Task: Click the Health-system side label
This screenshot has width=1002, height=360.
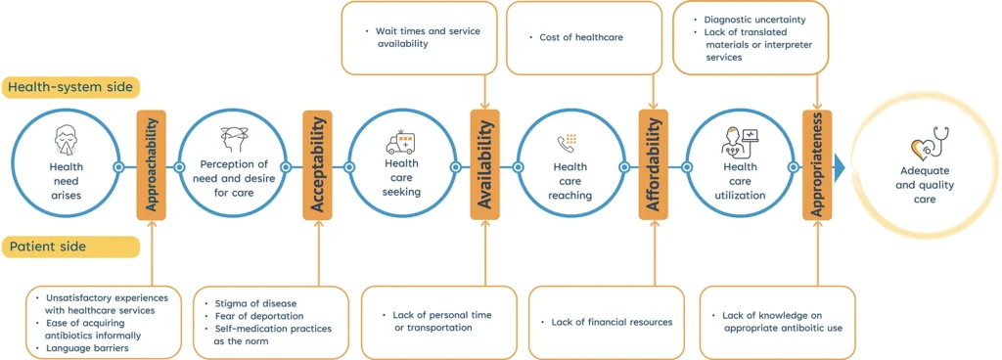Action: pyautogui.click(x=70, y=87)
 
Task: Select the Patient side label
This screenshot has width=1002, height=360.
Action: pyautogui.click(x=47, y=247)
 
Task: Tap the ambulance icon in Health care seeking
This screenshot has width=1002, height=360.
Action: pyautogui.click(x=400, y=143)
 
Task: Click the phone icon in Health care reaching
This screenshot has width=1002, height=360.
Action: pyautogui.click(x=567, y=143)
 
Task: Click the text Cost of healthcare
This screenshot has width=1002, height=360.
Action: pyautogui.click(x=581, y=38)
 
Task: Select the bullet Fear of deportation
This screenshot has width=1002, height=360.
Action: pyautogui.click(x=259, y=316)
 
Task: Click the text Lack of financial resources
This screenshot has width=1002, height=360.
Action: pyautogui.click(x=600, y=322)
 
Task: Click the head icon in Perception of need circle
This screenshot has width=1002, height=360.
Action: pyautogui.click(x=234, y=138)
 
